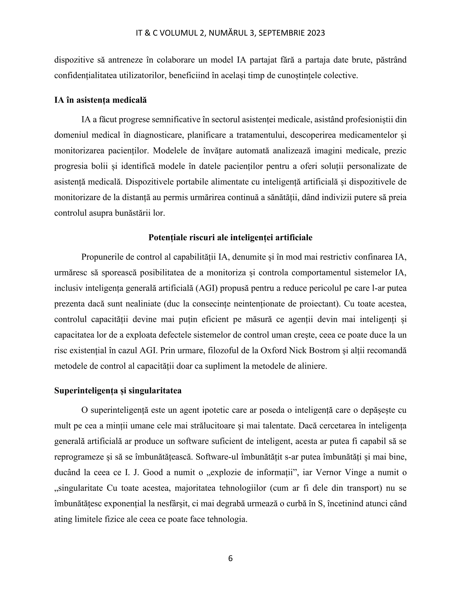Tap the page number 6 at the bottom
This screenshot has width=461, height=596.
click(x=230, y=559)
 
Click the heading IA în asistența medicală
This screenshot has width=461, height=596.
click(x=100, y=100)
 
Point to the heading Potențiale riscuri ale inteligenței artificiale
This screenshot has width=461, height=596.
click(x=230, y=238)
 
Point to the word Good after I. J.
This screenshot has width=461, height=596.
click(x=153, y=473)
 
